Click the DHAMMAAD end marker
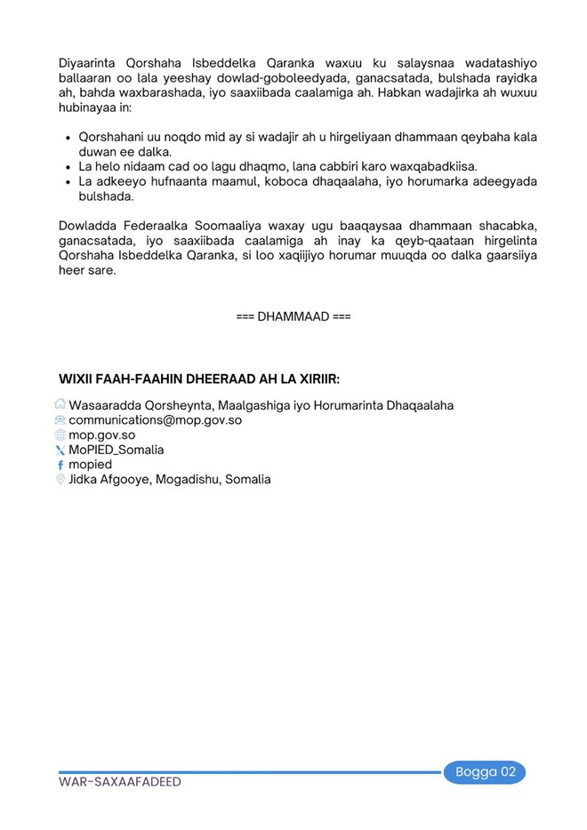point(293,316)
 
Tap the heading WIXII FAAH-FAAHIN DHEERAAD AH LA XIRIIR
point(199,379)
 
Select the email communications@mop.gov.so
point(155,420)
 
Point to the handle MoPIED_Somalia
point(116,450)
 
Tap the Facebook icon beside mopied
point(60,465)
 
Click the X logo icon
point(60,451)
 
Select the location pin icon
point(60,480)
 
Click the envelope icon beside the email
point(60,420)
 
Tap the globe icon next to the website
point(60,435)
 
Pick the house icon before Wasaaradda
point(60,405)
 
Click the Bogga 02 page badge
point(485,771)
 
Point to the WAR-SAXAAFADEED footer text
point(120,782)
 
